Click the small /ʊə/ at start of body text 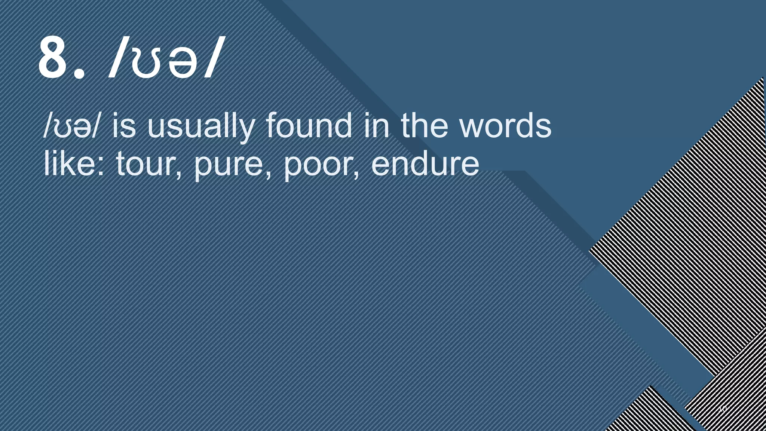(x=71, y=126)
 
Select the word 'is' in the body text (x=124, y=126)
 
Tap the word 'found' (x=309, y=126)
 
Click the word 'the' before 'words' (x=424, y=126)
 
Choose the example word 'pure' (x=229, y=166)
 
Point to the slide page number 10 (x=722, y=409)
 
